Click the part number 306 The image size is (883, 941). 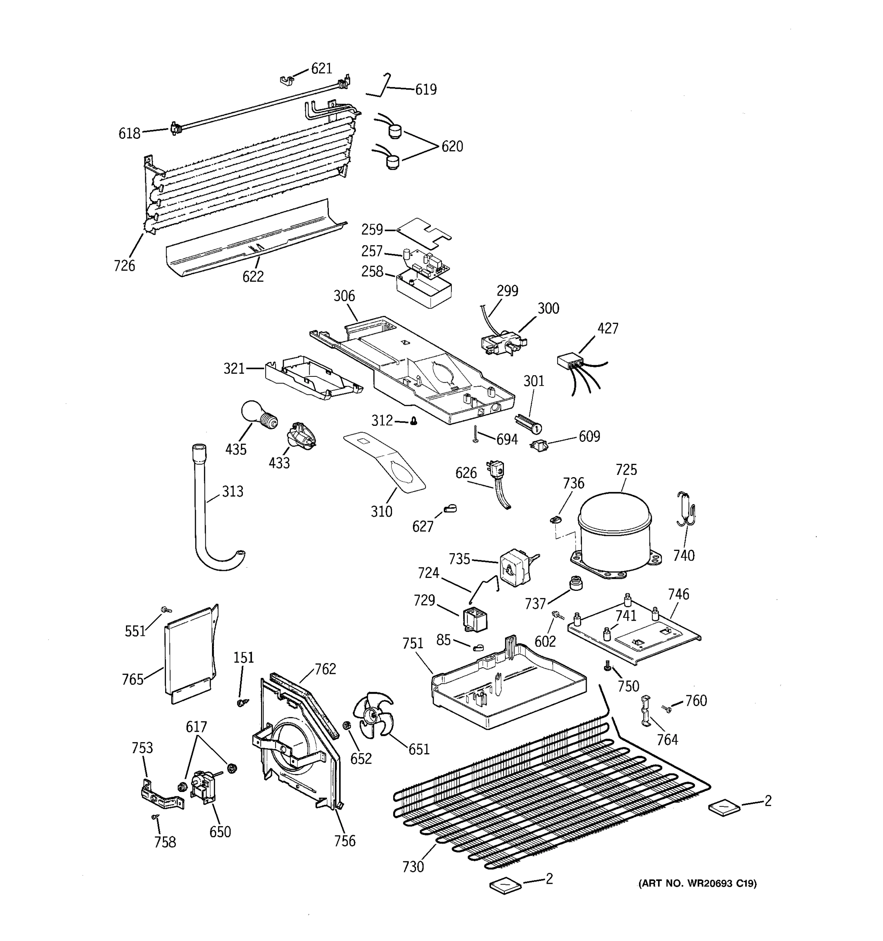point(344,296)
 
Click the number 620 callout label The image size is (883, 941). point(452,147)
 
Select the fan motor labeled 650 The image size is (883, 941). point(202,786)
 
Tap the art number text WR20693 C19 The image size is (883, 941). point(697,883)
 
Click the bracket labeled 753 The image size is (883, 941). point(161,799)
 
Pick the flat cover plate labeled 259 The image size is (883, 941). point(424,230)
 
